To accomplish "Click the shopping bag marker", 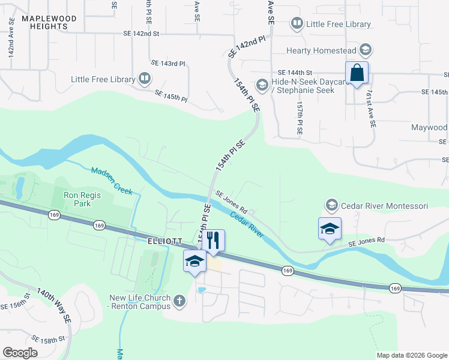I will click(357, 73).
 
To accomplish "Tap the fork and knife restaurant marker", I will click(212, 241).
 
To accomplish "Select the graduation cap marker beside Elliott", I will click(194, 262).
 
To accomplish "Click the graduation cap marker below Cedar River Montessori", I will click(329, 229).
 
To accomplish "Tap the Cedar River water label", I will click(247, 223).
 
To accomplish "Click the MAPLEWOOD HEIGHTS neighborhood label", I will click(49, 23).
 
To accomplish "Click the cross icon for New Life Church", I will click(179, 302).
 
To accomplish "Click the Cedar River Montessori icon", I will click(331, 206).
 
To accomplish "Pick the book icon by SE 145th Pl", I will click(145, 79).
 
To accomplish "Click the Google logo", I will click(20, 353).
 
